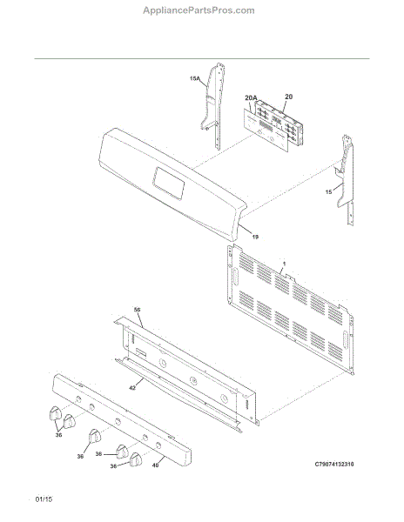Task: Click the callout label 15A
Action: point(195,78)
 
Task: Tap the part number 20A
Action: point(251,97)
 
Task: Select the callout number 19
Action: point(255,236)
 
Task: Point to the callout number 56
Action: point(137,309)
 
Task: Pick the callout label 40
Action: point(156,465)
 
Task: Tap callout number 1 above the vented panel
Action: point(283,262)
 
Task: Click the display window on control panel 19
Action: point(165,180)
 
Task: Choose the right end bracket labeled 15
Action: point(347,170)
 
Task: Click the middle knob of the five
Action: point(95,435)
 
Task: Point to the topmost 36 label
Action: point(58,437)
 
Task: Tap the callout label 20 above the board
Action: point(288,97)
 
